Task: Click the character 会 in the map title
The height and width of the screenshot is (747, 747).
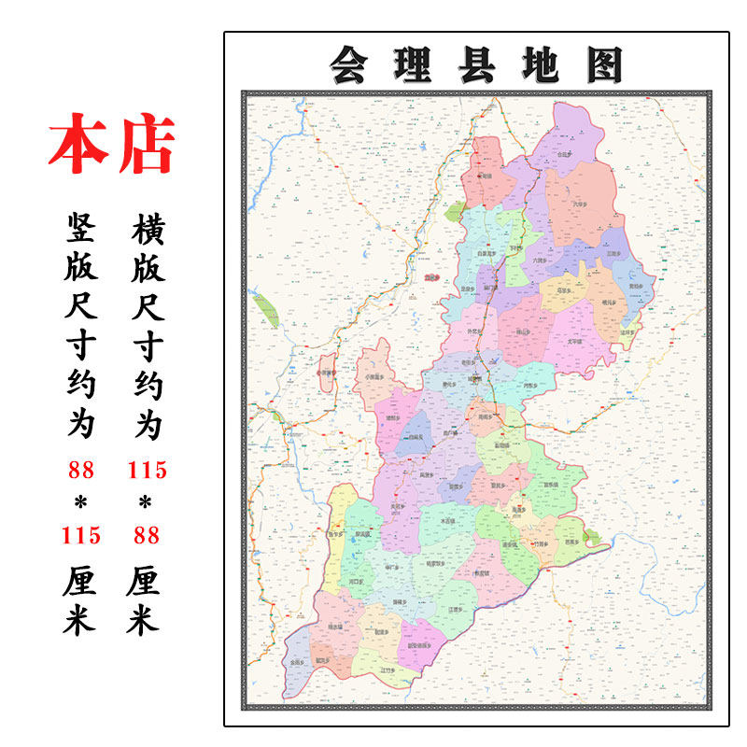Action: [x=347, y=65]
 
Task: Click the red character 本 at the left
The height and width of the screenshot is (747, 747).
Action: [x=78, y=145]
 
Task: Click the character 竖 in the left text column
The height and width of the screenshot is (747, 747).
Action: [x=80, y=227]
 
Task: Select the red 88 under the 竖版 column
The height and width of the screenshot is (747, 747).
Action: [x=80, y=469]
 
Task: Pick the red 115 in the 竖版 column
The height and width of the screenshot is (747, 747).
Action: [x=80, y=535]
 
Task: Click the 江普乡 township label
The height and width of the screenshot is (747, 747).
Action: [x=458, y=608]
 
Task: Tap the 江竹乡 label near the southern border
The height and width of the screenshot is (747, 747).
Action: [x=388, y=670]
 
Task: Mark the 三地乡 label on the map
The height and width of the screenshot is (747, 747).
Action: [x=613, y=253]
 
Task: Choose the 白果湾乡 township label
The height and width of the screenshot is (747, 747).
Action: [x=486, y=252]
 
